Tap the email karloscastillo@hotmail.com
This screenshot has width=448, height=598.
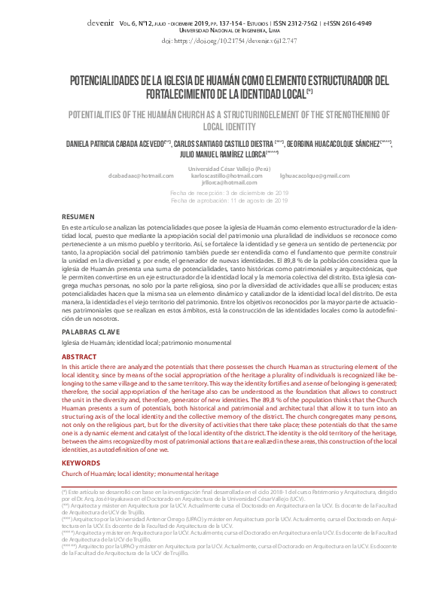(221, 175)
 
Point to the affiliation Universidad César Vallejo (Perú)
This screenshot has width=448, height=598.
(224, 168)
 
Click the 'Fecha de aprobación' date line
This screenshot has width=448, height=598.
(229, 200)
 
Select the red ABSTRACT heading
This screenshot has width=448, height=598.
(79, 356)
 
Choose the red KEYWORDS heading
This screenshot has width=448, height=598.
(81, 462)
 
